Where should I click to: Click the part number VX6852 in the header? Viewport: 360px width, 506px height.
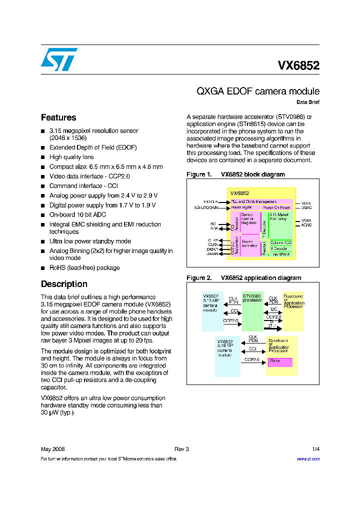tap(298, 65)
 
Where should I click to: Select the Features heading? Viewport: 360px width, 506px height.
tap(58, 117)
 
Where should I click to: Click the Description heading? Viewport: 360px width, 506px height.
tap(64, 284)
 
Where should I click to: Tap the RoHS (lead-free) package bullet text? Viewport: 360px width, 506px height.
tap(84, 267)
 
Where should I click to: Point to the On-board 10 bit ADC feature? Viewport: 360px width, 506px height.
tap(77, 214)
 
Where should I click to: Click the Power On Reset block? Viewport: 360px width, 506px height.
tap(276, 207)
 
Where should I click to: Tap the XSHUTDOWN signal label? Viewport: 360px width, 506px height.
tap(206, 207)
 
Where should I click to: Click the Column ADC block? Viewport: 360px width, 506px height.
tap(281, 242)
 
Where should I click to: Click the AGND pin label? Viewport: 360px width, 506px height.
tap(306, 225)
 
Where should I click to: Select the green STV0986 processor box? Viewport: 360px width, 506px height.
tap(252, 311)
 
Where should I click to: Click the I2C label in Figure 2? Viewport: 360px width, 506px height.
tap(273, 309)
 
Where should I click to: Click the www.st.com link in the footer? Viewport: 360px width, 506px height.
tap(308, 458)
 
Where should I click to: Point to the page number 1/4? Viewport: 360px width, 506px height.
tap(315, 448)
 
